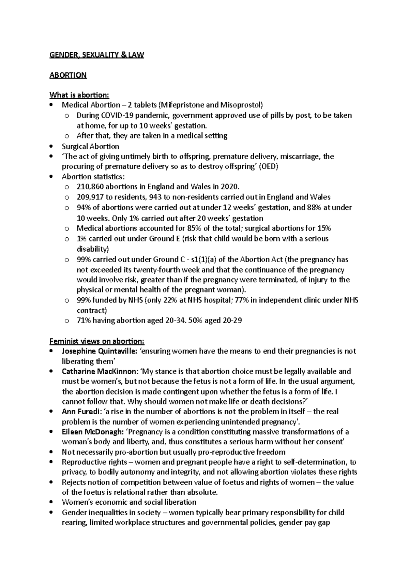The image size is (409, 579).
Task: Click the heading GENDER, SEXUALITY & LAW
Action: tap(97, 55)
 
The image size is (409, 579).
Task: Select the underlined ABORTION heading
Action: tap(68, 75)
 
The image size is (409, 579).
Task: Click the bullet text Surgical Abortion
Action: tap(90, 146)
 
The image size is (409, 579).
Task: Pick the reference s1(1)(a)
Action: tap(202, 259)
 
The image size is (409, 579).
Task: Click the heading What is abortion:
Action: tap(79, 95)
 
